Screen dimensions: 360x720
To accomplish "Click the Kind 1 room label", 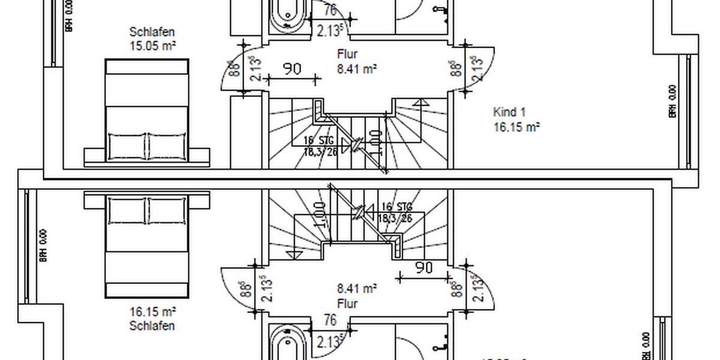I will pyautogui.click(x=509, y=112).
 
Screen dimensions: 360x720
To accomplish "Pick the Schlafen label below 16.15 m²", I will pyautogui.click(x=152, y=326).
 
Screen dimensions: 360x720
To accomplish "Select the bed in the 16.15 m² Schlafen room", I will pyautogui.click(x=147, y=246).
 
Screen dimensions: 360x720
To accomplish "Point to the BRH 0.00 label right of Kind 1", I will pyautogui.click(x=673, y=101).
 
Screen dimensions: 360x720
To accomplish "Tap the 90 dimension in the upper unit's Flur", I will pyautogui.click(x=292, y=69).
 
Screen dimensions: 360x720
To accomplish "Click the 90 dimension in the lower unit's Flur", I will pyautogui.click(x=424, y=268).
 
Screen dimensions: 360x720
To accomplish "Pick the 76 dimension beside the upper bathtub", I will pyautogui.click(x=329, y=10).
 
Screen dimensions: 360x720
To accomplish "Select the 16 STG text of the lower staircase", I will pyautogui.click(x=394, y=208).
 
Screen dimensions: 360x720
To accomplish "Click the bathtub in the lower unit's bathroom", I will pyautogui.click(x=287, y=342).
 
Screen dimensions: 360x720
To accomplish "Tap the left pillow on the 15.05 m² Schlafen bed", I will pyautogui.click(x=127, y=144).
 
